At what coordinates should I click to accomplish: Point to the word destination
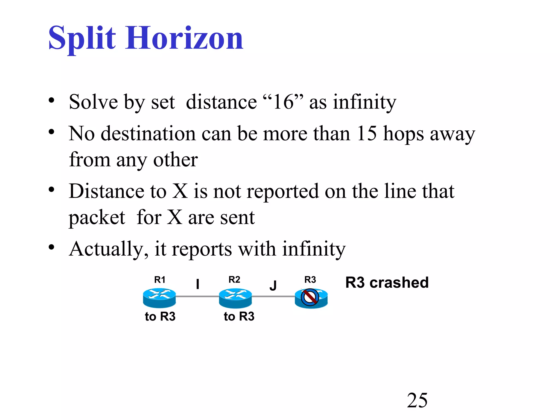(148, 133)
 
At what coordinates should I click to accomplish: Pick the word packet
(97, 218)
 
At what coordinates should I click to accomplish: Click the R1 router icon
(159, 298)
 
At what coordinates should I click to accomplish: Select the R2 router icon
(235, 298)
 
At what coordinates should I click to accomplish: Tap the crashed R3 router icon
(311, 298)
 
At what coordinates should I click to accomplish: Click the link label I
(197, 284)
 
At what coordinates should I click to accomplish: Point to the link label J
(273, 285)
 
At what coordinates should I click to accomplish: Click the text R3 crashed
(387, 282)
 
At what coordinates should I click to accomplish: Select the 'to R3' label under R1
(160, 316)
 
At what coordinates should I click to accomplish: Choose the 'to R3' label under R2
(239, 316)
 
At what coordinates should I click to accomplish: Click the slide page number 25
(417, 400)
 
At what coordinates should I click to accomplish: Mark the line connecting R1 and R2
(197, 296)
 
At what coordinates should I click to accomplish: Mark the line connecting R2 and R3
(273, 296)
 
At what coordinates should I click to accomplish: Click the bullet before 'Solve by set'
(51, 100)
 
